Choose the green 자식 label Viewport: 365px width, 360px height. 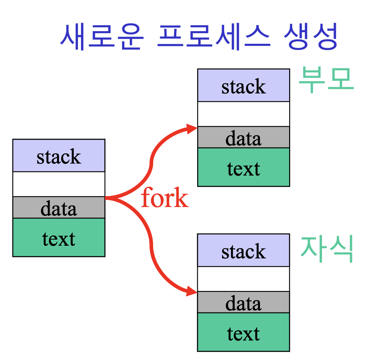click(326, 250)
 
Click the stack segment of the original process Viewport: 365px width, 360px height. click(59, 156)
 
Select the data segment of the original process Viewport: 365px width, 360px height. click(59, 208)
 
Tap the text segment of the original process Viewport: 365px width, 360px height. click(59, 237)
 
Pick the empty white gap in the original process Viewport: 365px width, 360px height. click(59, 184)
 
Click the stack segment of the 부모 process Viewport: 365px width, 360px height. click(243, 86)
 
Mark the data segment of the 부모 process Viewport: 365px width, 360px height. click(243, 138)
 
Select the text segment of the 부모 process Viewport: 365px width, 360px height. click(243, 167)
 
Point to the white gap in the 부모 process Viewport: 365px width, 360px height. click(243, 114)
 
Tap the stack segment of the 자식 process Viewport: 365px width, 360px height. click(243, 250)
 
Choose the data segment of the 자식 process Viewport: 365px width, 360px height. click(243, 303)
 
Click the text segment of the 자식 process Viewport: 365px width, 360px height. click(243, 332)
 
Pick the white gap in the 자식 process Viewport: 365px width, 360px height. click(243, 279)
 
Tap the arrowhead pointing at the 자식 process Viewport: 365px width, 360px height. click(192, 292)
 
